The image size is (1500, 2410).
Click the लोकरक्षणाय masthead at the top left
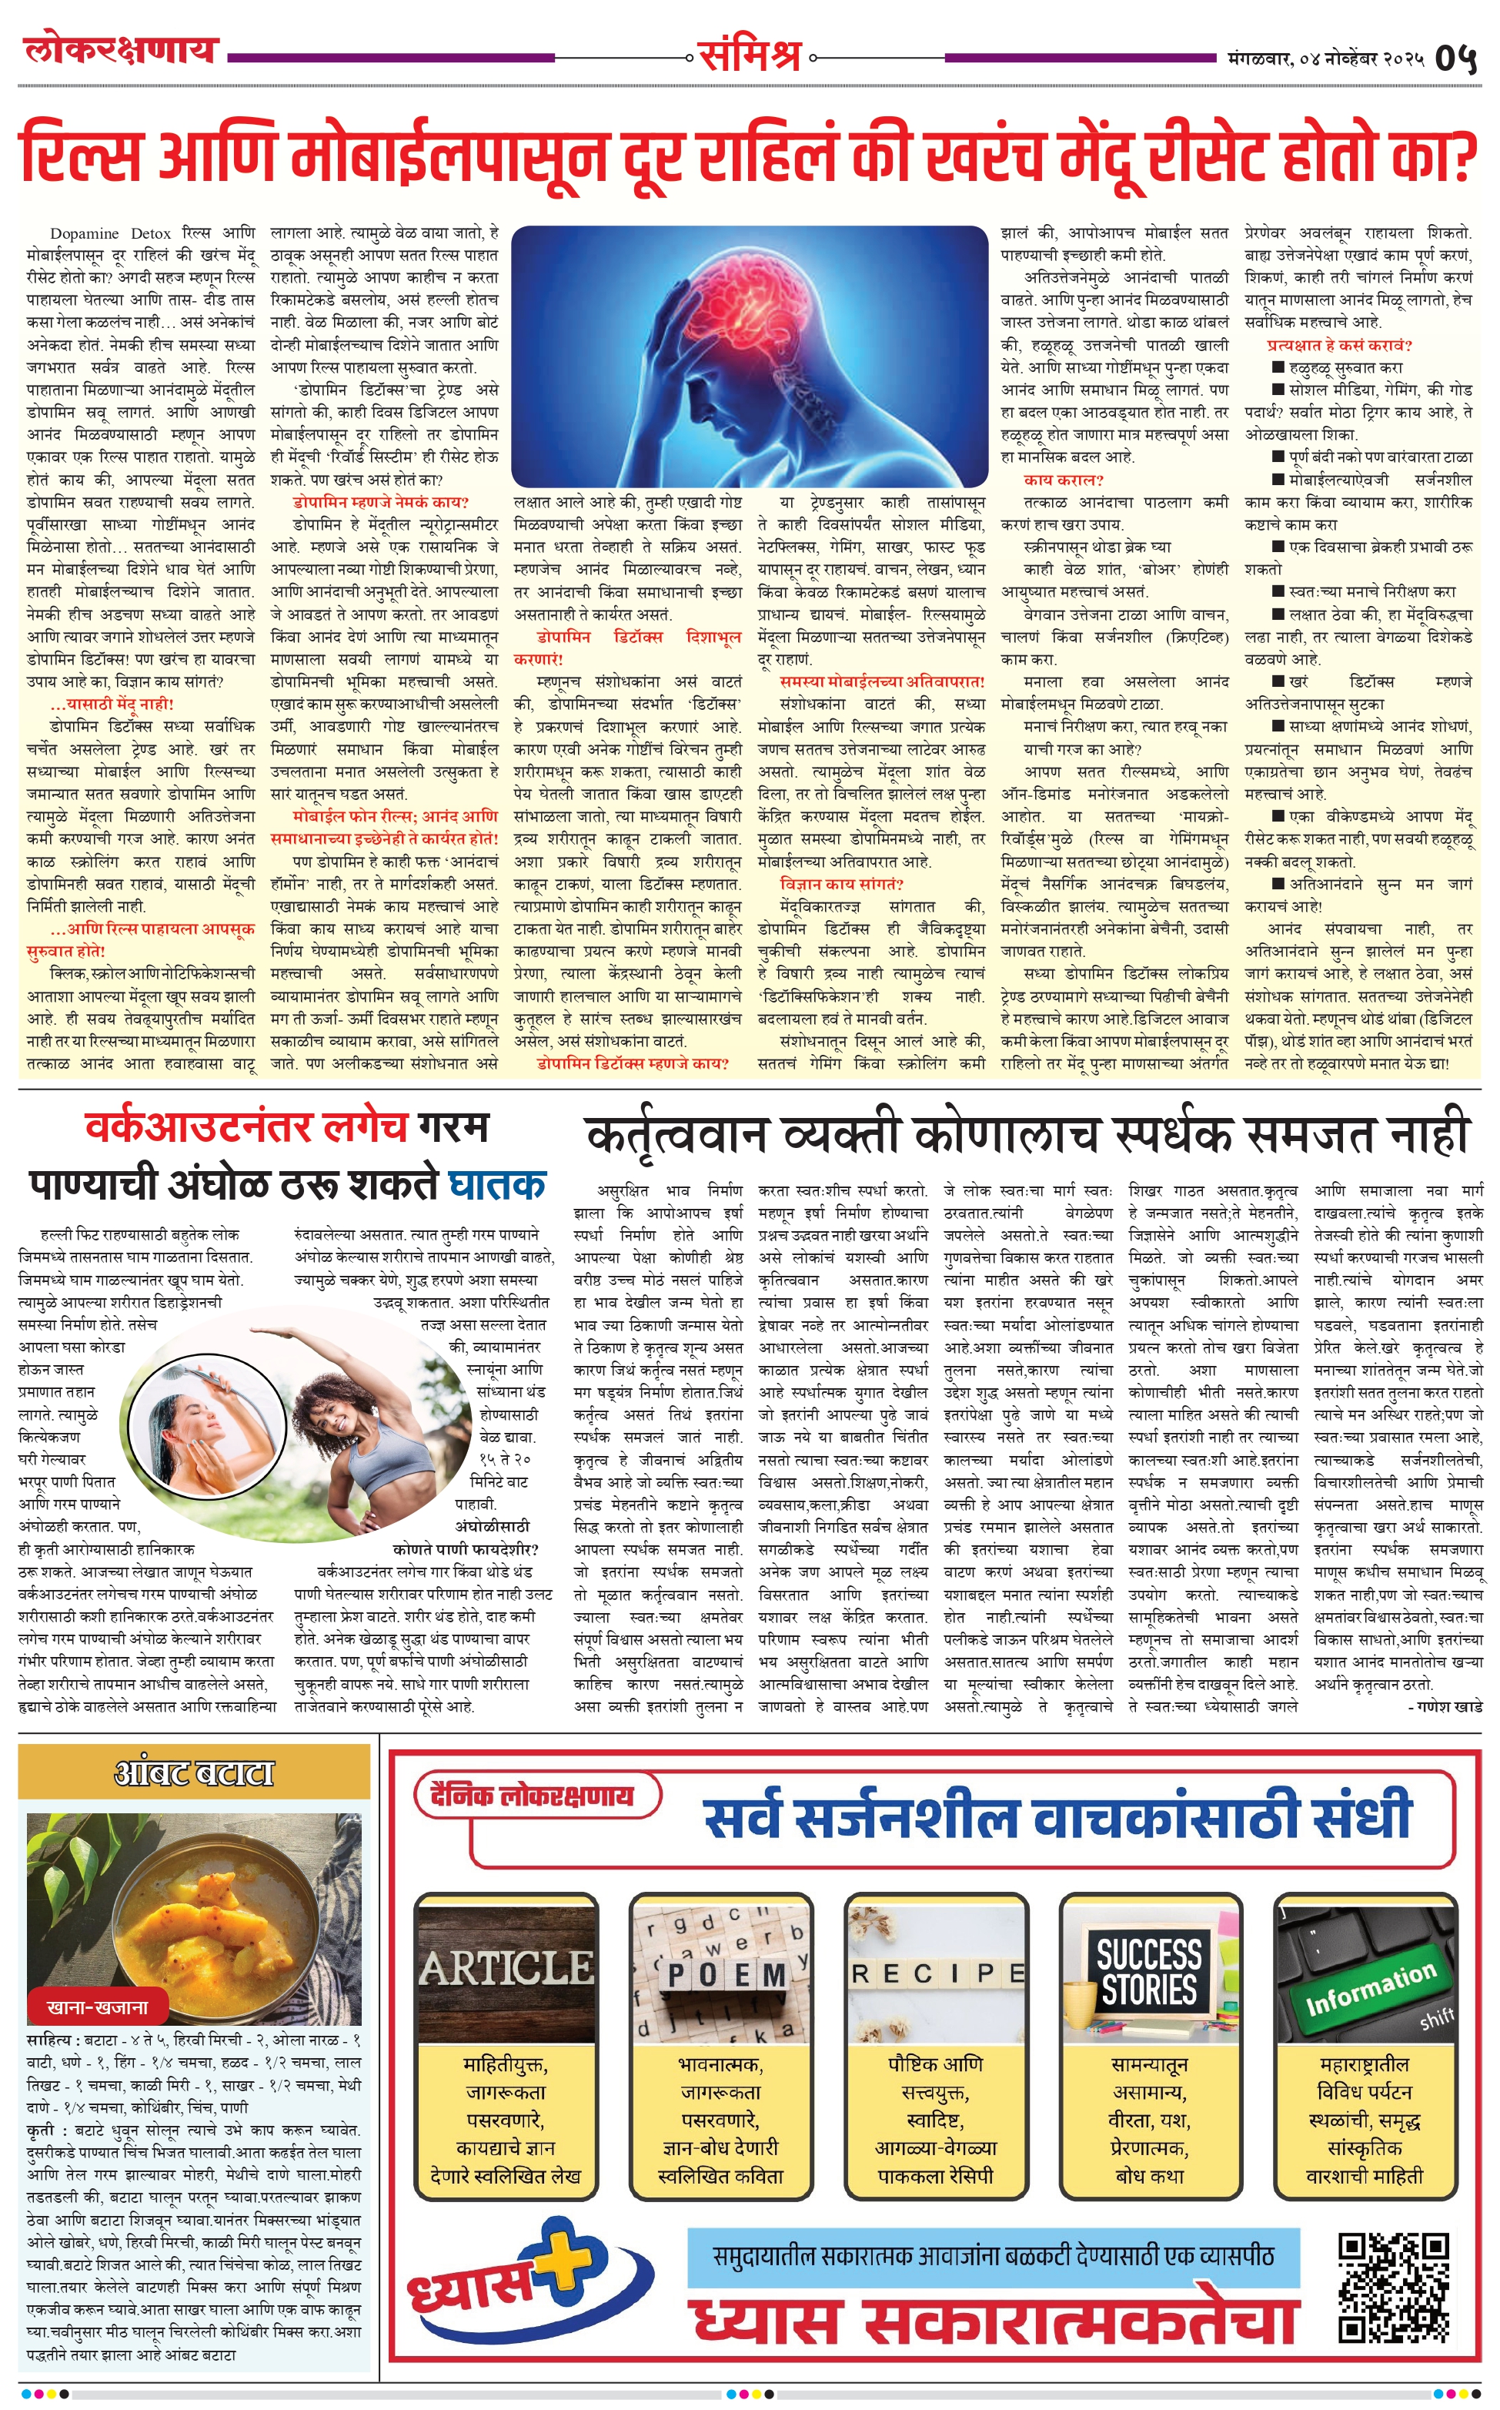pyautogui.click(x=121, y=49)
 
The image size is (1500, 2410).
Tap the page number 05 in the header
pyautogui.click(x=1455, y=59)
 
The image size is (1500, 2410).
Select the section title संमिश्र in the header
pyautogui.click(x=749, y=55)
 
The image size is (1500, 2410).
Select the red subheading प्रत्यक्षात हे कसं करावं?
pyautogui.click(x=1339, y=345)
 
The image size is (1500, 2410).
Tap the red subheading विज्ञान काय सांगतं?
pyautogui.click(x=841, y=883)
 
